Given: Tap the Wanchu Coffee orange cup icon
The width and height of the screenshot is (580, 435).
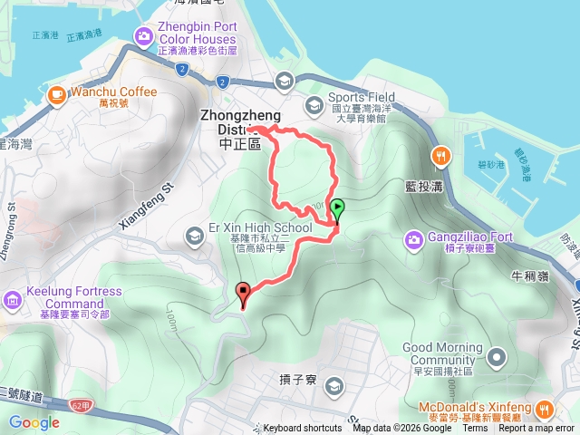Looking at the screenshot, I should click(x=55, y=93).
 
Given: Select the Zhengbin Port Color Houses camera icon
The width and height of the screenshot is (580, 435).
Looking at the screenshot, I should click(x=143, y=36).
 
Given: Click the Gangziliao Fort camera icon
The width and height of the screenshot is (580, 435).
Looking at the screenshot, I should click(x=413, y=239).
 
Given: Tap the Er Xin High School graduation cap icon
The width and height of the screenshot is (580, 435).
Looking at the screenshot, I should click(x=195, y=237).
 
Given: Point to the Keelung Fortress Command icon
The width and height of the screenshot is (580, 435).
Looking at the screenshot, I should click(x=13, y=299).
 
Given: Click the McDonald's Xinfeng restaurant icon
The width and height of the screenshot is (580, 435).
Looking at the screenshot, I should click(x=543, y=408).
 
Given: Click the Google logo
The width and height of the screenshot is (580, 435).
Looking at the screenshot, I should click(x=34, y=422).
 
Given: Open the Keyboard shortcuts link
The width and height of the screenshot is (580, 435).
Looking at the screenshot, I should click(x=303, y=429).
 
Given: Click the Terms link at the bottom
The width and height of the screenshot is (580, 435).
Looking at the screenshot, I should click(x=475, y=429).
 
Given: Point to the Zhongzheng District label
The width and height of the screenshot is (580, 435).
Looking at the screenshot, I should click(x=240, y=130).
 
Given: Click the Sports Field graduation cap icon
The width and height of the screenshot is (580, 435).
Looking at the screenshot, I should click(x=313, y=106).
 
